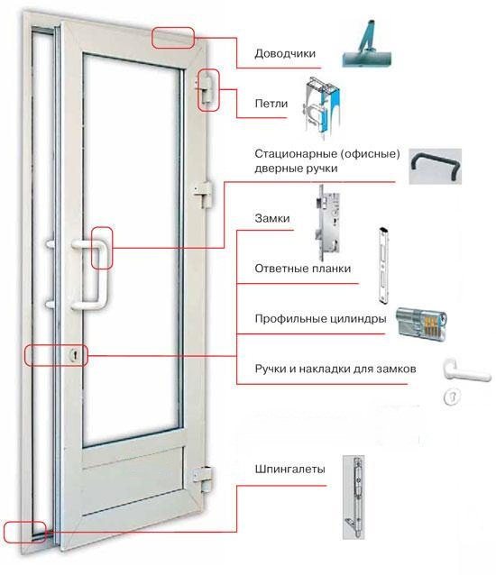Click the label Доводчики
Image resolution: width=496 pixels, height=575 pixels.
coord(285,53)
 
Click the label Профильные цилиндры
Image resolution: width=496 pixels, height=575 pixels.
coord(322,318)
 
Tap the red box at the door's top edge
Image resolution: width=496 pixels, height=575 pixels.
coord(173,37)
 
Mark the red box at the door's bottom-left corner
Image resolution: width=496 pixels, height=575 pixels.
coord(24,531)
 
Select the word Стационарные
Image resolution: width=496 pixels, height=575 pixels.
coord(294,153)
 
